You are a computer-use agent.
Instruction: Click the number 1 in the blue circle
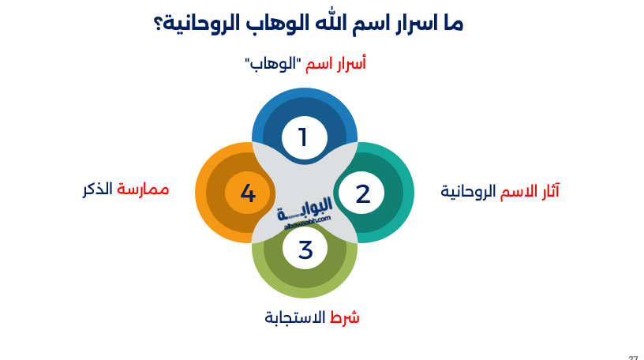[x=303, y=137]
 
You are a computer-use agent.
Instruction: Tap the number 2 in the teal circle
[x=362, y=193]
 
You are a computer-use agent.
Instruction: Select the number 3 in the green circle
[x=305, y=249]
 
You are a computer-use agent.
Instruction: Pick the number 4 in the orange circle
[x=248, y=193]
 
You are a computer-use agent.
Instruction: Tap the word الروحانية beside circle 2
[x=468, y=191]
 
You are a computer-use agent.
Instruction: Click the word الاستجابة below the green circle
[x=294, y=317]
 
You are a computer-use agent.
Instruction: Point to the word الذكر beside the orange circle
[x=98, y=189]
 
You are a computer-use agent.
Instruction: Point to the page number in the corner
[x=633, y=357]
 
